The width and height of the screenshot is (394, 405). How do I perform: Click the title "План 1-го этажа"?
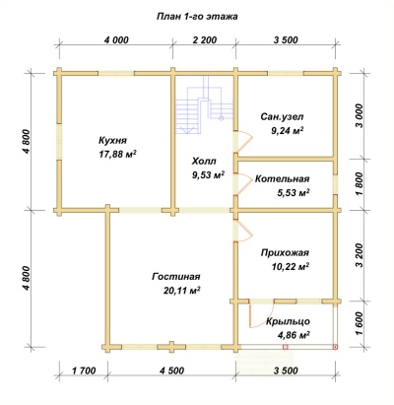coord(197,17)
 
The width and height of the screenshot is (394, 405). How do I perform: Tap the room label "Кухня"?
coord(112,141)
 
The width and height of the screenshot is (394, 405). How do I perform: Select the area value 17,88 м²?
coord(118,154)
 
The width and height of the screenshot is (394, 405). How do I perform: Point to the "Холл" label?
coord(204,162)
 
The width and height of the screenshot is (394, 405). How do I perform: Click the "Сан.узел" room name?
coord(283,117)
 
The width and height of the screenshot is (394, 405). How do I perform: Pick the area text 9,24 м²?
coord(287,131)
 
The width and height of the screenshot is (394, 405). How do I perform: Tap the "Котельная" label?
coord(283,179)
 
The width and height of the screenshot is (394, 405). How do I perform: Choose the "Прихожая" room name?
coord(285,253)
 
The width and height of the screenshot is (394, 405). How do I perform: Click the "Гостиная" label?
coord(176,277)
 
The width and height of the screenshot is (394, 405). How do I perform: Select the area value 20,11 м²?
coord(181,291)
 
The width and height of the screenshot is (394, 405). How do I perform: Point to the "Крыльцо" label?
coord(288,321)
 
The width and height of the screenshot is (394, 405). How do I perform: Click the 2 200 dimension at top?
coord(205,40)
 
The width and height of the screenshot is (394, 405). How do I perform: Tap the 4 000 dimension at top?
coord(116,40)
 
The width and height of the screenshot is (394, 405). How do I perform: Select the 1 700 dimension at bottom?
coord(84,371)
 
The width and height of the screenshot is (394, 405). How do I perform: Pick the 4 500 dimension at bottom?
coord(171,371)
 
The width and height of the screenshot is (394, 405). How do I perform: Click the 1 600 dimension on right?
coord(360,323)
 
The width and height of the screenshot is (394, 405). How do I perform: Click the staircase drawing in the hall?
coord(204,105)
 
